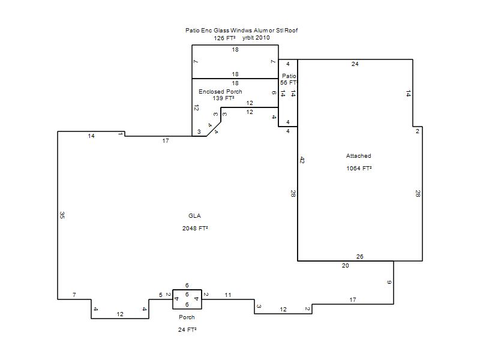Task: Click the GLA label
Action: click(194, 216)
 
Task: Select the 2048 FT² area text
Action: click(195, 229)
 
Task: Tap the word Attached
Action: click(358, 156)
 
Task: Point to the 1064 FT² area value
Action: click(359, 169)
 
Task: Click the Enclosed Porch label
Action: click(220, 92)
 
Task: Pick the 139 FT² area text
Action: click(223, 98)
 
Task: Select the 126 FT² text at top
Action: click(224, 38)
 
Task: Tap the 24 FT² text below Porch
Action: click(187, 329)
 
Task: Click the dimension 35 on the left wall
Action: click(62, 215)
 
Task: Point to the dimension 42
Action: click(302, 160)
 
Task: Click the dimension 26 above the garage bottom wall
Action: click(359, 257)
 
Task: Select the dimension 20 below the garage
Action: click(346, 266)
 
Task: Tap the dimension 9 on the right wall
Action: click(389, 282)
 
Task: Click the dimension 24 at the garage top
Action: click(355, 64)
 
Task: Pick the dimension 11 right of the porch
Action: click(228, 295)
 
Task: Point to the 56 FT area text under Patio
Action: click(289, 83)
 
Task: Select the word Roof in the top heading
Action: click(291, 31)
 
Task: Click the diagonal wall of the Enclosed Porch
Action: click(214, 129)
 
